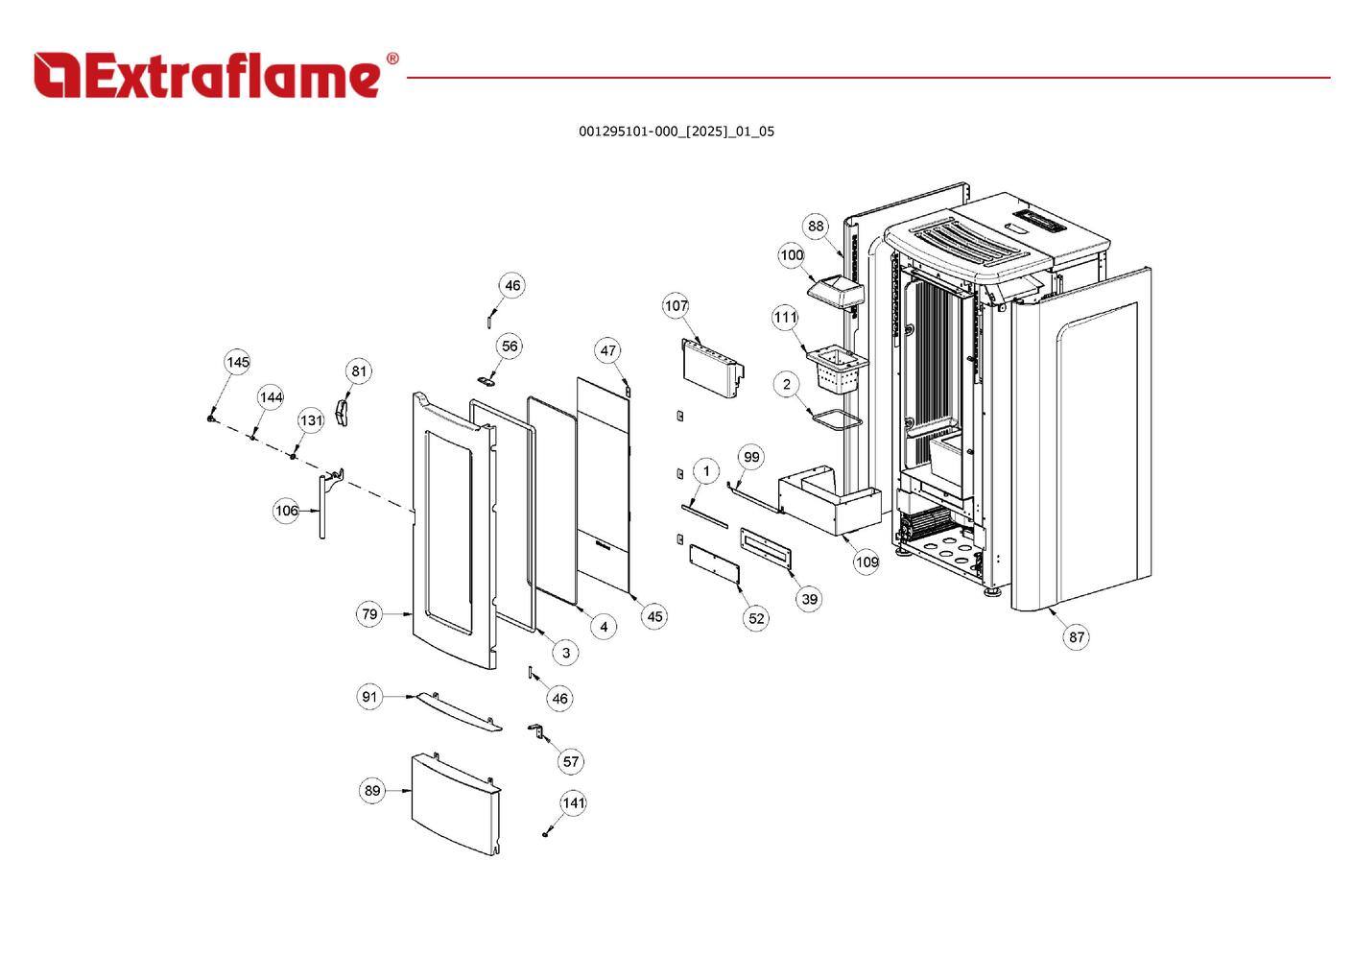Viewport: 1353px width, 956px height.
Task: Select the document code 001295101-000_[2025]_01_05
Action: pyautogui.click(x=676, y=131)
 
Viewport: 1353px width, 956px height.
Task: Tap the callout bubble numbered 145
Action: pyautogui.click(x=238, y=362)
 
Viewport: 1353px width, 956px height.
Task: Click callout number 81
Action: pyautogui.click(x=359, y=371)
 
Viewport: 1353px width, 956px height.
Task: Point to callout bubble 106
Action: pyautogui.click(x=286, y=511)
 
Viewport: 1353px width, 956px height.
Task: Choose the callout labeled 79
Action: pyautogui.click(x=369, y=614)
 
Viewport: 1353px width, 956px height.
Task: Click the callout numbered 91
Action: pyautogui.click(x=369, y=697)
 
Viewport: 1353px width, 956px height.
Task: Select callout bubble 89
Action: pyautogui.click(x=372, y=791)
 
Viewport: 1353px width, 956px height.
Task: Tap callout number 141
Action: pyautogui.click(x=573, y=802)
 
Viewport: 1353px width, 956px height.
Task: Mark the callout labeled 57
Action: pyautogui.click(x=571, y=761)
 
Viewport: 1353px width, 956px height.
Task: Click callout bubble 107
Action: pyautogui.click(x=676, y=306)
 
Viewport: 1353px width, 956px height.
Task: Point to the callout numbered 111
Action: pyautogui.click(x=785, y=318)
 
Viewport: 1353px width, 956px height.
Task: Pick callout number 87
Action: pyautogui.click(x=1077, y=636)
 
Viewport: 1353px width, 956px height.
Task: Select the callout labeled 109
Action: pyautogui.click(x=866, y=562)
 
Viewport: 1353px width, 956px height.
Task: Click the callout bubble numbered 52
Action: pyautogui.click(x=756, y=618)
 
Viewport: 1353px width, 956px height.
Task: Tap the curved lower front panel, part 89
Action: pyautogui.click(x=455, y=802)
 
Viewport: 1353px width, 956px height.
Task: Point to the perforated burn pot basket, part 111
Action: pyautogui.click(x=837, y=370)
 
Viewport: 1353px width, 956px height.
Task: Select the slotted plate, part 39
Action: pyautogui.click(x=767, y=549)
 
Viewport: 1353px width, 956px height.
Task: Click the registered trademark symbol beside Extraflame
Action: pyautogui.click(x=392, y=60)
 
